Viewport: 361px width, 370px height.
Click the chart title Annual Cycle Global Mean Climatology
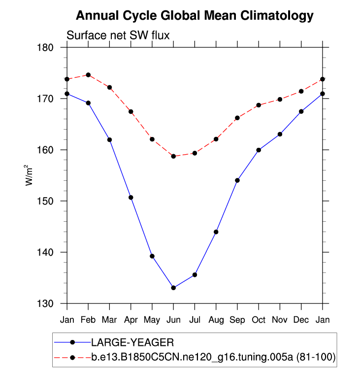(x=195, y=16)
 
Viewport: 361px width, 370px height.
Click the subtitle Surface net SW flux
(x=118, y=35)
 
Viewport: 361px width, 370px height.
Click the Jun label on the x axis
(x=173, y=320)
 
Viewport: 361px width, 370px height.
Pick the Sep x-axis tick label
(x=237, y=320)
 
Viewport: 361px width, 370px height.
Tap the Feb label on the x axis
(x=88, y=320)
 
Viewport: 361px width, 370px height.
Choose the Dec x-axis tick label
(x=301, y=320)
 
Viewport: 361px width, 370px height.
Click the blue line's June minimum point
(x=173, y=288)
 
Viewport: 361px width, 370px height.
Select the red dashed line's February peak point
(x=88, y=75)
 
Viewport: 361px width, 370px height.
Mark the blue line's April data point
(x=131, y=198)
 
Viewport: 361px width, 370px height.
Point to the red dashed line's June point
(x=173, y=156)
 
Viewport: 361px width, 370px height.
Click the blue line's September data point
(x=237, y=180)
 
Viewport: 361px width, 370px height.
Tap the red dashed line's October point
(x=259, y=105)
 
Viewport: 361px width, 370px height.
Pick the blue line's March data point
(x=109, y=139)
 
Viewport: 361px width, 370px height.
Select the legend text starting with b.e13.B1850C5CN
(x=213, y=358)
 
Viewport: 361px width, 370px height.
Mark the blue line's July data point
(x=195, y=274)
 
